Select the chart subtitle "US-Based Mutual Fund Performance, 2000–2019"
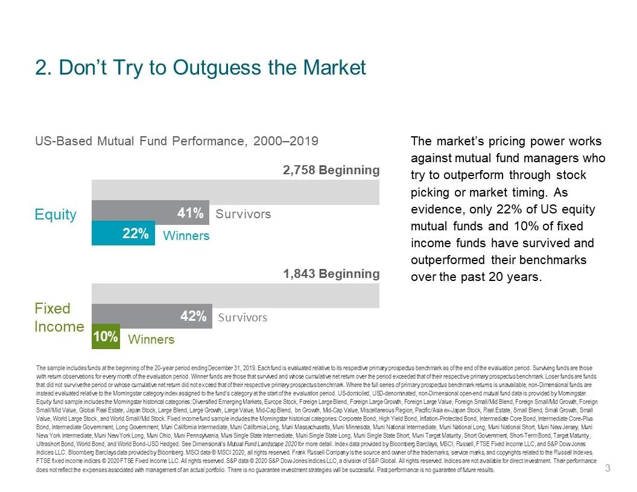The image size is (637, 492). (176, 141)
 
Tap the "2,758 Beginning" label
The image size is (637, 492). (331, 170)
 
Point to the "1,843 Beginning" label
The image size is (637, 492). (331, 274)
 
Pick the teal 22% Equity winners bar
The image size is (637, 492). (123, 233)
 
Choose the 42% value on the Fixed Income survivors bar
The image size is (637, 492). (193, 317)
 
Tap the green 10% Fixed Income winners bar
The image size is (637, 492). (106, 336)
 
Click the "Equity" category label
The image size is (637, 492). (55, 215)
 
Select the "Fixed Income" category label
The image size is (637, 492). (59, 318)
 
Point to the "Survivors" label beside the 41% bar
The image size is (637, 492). (243, 214)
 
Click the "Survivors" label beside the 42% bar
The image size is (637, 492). (242, 317)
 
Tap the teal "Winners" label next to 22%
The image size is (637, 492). (186, 236)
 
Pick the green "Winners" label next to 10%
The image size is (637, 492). (151, 339)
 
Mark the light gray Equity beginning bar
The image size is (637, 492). (235, 192)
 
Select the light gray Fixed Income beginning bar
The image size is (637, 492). (235, 295)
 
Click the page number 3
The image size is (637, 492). (608, 468)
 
